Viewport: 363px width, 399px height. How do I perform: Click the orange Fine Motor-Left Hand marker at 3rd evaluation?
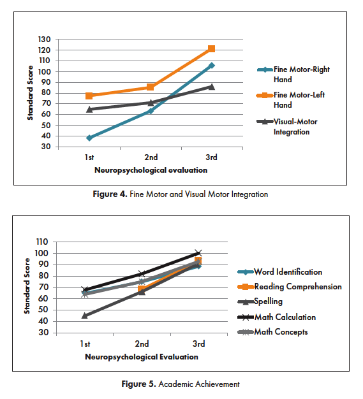(x=211, y=48)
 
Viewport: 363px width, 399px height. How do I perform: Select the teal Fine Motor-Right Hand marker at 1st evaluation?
(x=89, y=138)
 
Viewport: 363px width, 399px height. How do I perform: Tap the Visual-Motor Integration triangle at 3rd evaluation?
(x=211, y=87)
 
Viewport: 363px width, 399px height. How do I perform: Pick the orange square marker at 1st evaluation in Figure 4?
(x=89, y=96)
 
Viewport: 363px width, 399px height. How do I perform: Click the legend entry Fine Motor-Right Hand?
(x=293, y=75)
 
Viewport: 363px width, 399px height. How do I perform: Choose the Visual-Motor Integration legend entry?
(x=287, y=127)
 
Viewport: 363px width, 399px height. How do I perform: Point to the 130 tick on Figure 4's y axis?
(x=44, y=40)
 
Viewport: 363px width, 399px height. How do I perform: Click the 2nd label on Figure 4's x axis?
(x=151, y=157)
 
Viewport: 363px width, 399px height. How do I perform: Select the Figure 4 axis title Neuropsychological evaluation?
(x=151, y=170)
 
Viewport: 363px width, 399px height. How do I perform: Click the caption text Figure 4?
(x=110, y=194)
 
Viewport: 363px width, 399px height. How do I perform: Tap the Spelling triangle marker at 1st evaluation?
(x=85, y=316)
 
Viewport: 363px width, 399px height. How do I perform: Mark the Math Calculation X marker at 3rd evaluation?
(x=198, y=253)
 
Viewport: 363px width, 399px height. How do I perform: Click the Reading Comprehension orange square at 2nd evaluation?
(x=142, y=289)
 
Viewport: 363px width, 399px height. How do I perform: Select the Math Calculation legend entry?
(x=277, y=317)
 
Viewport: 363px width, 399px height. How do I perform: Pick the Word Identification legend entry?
(x=279, y=272)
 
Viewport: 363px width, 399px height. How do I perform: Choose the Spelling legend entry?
(x=260, y=301)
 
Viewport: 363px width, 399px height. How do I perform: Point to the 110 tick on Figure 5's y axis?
(x=42, y=242)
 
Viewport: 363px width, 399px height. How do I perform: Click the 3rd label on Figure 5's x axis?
(x=198, y=344)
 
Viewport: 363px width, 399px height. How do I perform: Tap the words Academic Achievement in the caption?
(x=199, y=384)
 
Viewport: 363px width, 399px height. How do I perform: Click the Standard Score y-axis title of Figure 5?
(x=27, y=286)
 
